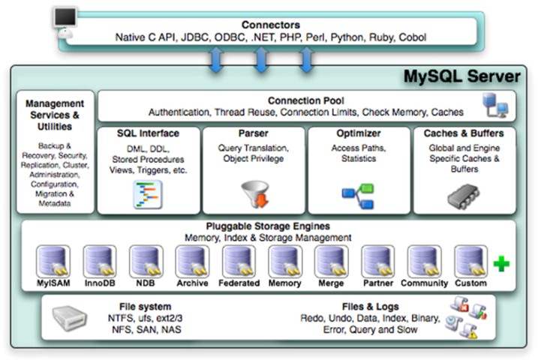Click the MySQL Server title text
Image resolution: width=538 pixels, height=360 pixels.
tap(461, 76)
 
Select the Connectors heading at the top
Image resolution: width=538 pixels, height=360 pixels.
tap(270, 25)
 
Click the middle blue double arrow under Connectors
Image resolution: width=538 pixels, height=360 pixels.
tap(260, 59)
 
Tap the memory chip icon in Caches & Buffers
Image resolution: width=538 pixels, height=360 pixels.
tap(463, 194)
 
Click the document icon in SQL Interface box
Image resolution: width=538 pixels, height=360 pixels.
tap(147, 194)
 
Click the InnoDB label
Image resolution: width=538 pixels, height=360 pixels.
tap(100, 283)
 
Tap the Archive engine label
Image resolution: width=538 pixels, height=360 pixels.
tap(193, 283)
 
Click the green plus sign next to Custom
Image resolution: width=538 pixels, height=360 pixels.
tap(501, 264)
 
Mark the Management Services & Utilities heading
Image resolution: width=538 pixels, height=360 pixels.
tap(55, 115)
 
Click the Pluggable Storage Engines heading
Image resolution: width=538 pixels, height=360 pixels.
tap(268, 226)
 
